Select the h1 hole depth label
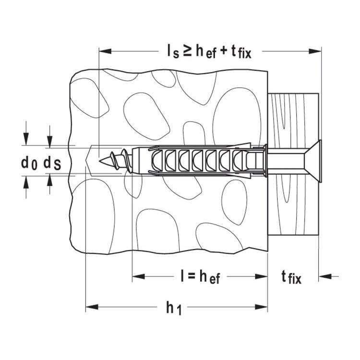click(173, 308)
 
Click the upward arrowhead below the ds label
click(50, 180)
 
